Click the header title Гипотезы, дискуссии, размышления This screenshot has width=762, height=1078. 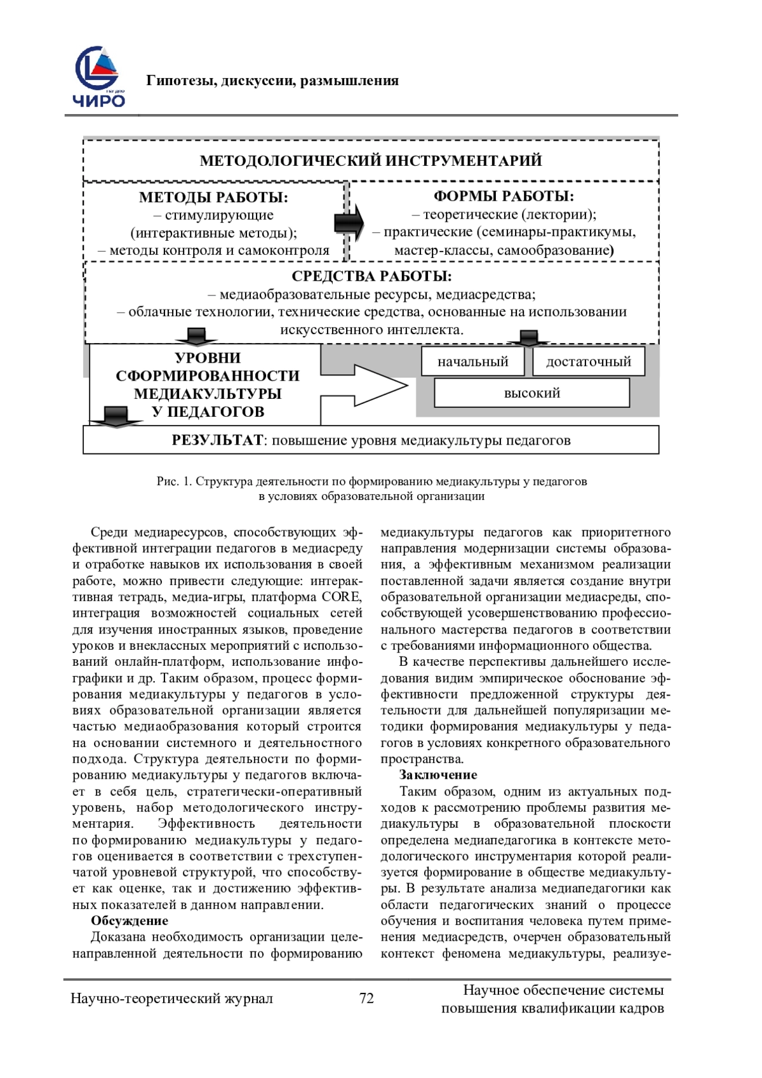pyautogui.click(x=272, y=81)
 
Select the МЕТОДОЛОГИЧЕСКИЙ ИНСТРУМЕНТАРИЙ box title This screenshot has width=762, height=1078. pyautogui.click(x=371, y=161)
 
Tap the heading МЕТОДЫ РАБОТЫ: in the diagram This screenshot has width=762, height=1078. pyautogui.click(x=213, y=198)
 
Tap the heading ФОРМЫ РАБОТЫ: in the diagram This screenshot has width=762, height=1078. pyautogui.click(x=504, y=196)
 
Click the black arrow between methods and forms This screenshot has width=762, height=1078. pyautogui.click(x=349, y=222)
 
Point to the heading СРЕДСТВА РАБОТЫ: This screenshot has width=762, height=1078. pyautogui.click(x=371, y=277)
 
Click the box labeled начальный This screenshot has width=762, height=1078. pyautogui.click(x=472, y=361)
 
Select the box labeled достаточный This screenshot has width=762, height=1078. pyautogui.click(x=588, y=361)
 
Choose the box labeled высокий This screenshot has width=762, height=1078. pyautogui.click(x=531, y=393)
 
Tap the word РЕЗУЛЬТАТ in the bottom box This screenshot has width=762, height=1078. pyautogui.click(x=217, y=440)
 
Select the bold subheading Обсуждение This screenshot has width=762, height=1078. pyautogui.click(x=130, y=920)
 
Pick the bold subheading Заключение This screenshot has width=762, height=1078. pyautogui.click(x=438, y=774)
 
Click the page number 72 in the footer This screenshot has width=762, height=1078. pyautogui.click(x=366, y=998)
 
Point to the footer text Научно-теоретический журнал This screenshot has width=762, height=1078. pyautogui.click(x=171, y=999)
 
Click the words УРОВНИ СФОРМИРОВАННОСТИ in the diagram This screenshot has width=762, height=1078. pyautogui.click(x=208, y=367)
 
